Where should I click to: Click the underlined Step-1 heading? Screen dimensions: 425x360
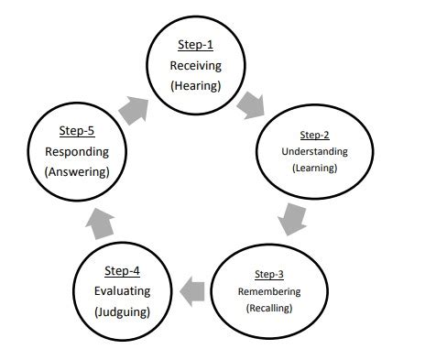pos(195,45)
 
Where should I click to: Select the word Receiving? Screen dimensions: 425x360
pos(196,66)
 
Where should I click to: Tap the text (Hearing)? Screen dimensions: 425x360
pos(196,86)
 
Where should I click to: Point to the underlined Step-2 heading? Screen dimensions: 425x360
pos(314,135)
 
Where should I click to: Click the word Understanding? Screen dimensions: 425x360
pos(314,152)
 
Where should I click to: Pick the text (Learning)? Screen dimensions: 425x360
pos(315,168)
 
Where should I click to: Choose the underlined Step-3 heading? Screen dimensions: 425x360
pos(269,274)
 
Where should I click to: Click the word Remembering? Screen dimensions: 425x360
pos(269,291)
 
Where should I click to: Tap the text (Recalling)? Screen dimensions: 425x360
pos(269,308)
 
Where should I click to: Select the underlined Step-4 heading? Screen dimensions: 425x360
pos(122,271)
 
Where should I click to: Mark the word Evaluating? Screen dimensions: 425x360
pos(122,291)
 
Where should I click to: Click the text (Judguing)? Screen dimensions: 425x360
pos(122,312)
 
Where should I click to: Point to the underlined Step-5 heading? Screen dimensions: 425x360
pos(77,131)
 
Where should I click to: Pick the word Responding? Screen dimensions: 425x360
pos(77,152)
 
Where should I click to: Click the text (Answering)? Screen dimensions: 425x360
pos(77,172)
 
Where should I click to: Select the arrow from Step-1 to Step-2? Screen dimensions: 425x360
pos(251,105)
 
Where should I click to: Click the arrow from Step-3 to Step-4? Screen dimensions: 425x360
pos(192,291)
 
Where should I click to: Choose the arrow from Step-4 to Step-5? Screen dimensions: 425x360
pos(100,224)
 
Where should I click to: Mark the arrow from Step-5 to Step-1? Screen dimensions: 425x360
pos(135,110)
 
